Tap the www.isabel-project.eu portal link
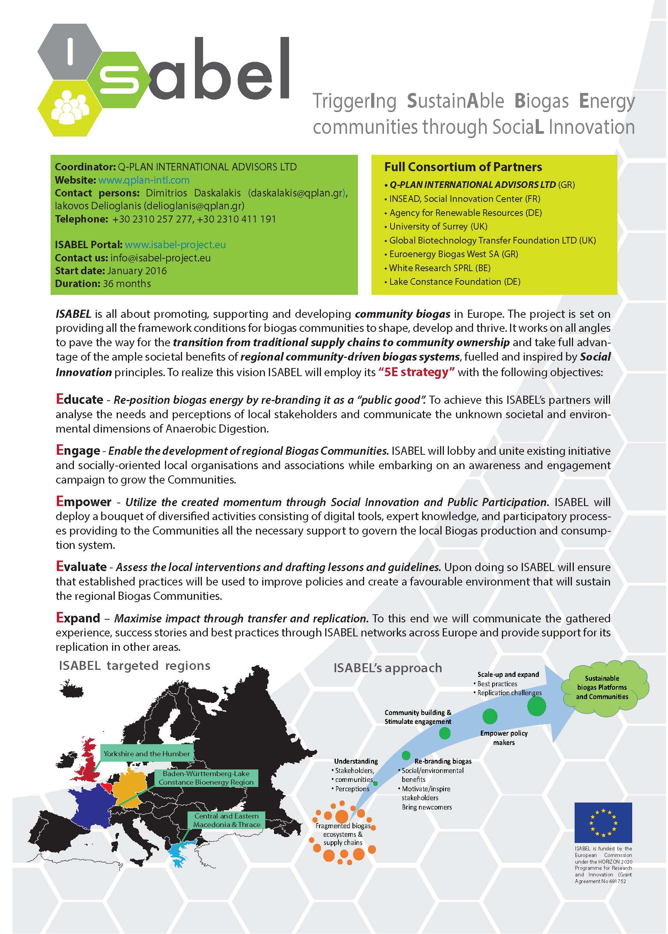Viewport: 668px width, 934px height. click(x=175, y=245)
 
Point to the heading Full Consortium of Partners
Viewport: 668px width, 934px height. click(x=463, y=167)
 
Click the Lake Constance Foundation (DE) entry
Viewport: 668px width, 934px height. click(x=454, y=282)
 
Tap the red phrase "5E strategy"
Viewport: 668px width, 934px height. click(x=417, y=372)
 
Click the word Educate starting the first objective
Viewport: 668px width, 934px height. click(x=80, y=400)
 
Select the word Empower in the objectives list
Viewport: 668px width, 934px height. click(x=84, y=502)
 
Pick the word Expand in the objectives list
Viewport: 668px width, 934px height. click(x=78, y=618)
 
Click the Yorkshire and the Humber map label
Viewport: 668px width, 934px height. click(x=147, y=754)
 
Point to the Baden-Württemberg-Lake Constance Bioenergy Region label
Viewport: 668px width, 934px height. click(x=206, y=778)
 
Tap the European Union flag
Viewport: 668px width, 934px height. click(x=603, y=822)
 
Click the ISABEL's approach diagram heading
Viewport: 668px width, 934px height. click(x=387, y=668)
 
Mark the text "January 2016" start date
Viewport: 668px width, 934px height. click(x=137, y=271)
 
